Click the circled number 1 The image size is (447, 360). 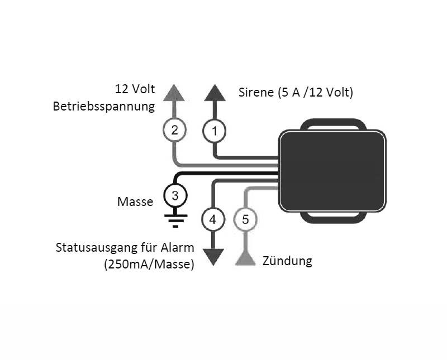point(215,131)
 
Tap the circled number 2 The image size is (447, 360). point(174,130)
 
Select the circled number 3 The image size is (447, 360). point(175,196)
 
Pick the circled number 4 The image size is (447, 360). point(213,219)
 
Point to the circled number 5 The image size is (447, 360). point(245,219)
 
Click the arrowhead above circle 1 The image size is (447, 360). point(215,93)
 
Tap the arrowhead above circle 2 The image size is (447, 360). point(174,93)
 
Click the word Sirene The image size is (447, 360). point(256,93)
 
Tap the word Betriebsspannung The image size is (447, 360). point(104,107)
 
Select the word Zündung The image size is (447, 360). point(287,261)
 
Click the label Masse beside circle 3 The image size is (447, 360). point(135,201)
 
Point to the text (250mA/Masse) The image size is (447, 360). point(149,265)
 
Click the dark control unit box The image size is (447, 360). point(332,171)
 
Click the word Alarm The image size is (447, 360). point(177,247)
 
